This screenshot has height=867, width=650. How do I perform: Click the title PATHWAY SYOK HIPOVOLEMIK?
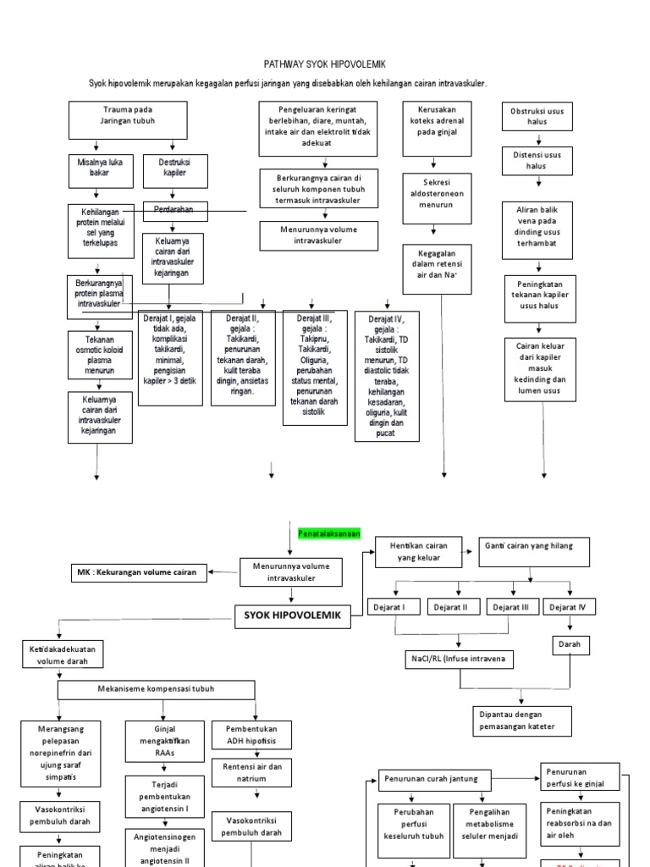(324, 63)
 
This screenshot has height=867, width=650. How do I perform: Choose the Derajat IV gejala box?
(388, 375)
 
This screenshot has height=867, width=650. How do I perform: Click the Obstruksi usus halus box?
(537, 117)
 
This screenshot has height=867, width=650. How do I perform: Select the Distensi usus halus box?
(537, 161)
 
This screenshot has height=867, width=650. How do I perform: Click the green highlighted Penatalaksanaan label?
(329, 533)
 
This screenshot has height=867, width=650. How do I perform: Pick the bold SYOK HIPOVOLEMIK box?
(291, 617)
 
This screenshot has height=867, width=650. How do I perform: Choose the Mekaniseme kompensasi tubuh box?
(155, 689)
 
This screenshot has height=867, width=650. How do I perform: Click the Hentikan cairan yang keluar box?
(418, 552)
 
